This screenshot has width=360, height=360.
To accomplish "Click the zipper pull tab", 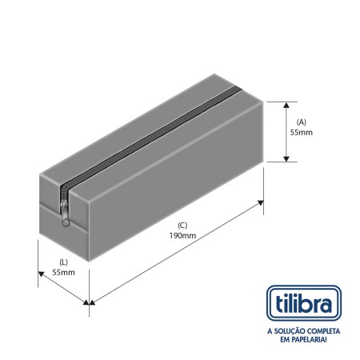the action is (66, 215).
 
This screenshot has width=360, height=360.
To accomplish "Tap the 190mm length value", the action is (182, 236).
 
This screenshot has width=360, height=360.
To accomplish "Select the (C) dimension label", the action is (182, 226).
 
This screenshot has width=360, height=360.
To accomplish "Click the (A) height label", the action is (302, 122).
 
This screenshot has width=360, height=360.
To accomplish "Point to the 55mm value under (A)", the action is (302, 132).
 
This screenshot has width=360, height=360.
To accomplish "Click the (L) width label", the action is (63, 262).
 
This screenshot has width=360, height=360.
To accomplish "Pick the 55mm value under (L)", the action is (63, 273).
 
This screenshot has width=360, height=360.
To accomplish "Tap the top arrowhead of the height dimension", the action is (286, 105).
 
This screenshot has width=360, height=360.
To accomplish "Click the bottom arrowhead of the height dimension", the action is (286, 158).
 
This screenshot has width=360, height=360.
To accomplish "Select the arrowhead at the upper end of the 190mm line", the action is (261, 203).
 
